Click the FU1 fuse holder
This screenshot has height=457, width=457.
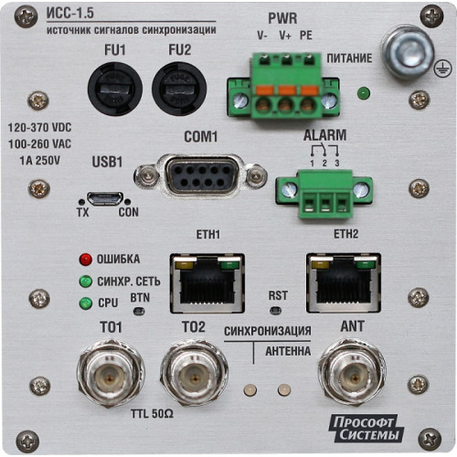coord(115,89)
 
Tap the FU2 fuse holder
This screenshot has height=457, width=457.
coord(179,89)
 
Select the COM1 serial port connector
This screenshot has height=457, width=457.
coord(201,177)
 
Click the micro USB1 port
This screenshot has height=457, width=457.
coord(105,198)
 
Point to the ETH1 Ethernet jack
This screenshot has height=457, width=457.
coord(207,283)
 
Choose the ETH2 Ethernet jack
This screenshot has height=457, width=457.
coord(344,282)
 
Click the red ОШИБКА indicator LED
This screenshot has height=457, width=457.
coord(86,260)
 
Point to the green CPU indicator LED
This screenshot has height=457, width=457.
coord(86,303)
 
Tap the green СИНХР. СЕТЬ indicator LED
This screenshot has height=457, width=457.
coord(86,282)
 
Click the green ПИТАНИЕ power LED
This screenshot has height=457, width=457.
coord(364,93)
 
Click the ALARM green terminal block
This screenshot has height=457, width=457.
coord(324,194)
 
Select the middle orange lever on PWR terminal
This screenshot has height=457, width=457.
coord(286,90)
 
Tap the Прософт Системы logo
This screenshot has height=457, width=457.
coord(366,428)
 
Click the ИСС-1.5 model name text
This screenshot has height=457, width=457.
coord(70,13)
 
